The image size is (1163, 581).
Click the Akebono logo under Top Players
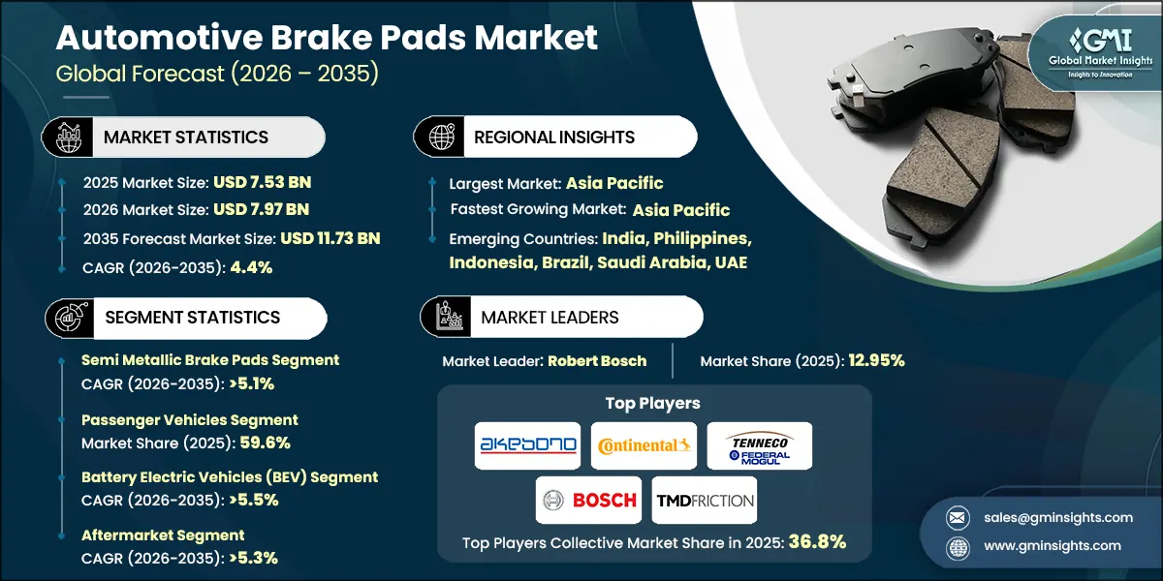coord(527,445)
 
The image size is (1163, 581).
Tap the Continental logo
coord(644,445)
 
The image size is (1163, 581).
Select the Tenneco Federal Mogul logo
coord(759,445)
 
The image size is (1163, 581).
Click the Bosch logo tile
coord(588,500)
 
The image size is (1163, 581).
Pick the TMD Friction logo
coord(704,500)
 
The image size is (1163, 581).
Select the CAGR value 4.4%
coord(250,267)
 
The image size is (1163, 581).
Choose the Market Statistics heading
coord(186,138)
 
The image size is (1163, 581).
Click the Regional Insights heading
coord(554,138)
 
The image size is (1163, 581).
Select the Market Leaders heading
coord(550,317)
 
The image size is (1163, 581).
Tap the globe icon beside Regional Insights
coord(442,138)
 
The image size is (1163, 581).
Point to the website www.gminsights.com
coord(1053,545)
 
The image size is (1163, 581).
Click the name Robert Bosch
coord(597,360)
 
